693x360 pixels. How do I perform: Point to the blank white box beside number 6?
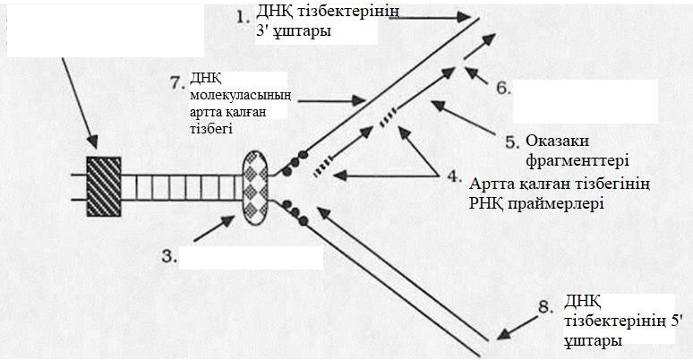(x=585, y=101)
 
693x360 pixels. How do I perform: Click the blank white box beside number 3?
(x=250, y=257)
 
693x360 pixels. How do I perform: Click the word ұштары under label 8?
(x=587, y=341)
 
